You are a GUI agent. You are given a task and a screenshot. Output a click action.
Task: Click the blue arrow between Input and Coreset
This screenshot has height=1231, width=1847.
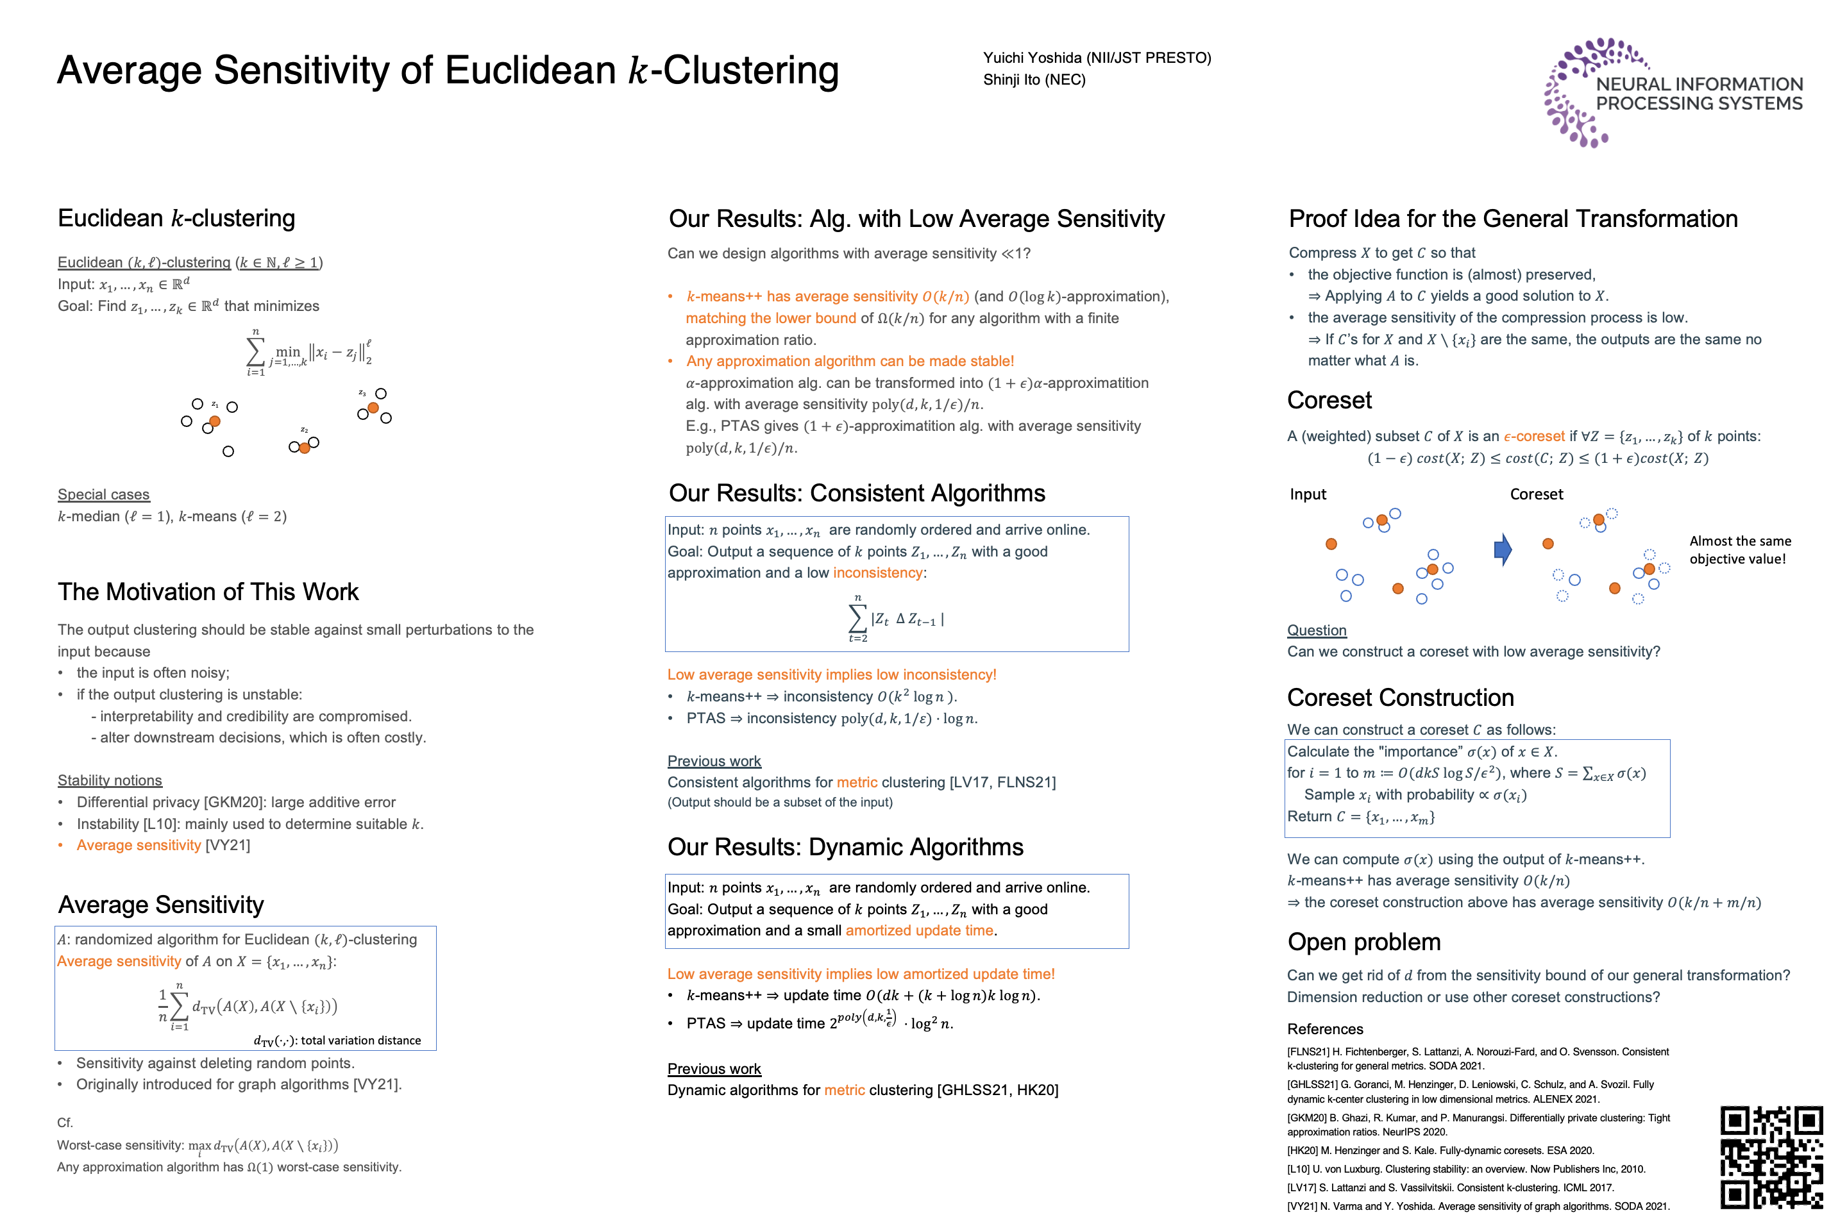click(1502, 549)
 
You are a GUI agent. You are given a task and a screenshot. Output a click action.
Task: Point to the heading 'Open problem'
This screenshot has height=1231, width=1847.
click(1363, 942)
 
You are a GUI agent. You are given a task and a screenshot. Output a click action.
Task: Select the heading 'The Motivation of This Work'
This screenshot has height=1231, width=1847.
click(208, 591)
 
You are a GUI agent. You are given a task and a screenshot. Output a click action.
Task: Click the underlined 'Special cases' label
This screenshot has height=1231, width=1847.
click(104, 494)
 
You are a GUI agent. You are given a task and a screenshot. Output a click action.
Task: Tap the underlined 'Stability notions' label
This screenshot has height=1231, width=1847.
click(110, 780)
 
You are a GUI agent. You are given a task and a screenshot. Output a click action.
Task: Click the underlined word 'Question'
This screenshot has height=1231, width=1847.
click(1316, 630)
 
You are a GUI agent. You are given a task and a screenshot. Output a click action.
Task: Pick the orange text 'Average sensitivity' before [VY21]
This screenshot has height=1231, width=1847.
click(139, 846)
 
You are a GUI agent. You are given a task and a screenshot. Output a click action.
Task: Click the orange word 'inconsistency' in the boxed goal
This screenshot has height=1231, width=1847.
click(877, 573)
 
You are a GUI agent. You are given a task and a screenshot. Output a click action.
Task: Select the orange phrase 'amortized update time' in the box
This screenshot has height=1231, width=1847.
click(919, 931)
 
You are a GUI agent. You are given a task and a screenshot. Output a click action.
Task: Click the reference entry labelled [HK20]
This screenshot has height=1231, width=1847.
click(1440, 1151)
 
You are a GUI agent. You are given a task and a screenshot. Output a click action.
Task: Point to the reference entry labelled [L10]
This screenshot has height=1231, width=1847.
click(1465, 1169)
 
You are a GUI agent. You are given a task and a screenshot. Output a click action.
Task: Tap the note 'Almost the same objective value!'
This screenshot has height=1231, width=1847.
click(1739, 549)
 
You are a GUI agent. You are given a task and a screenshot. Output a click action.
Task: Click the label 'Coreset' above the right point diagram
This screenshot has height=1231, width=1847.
click(1536, 494)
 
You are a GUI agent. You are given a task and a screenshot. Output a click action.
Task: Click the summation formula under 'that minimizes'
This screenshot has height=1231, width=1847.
click(308, 353)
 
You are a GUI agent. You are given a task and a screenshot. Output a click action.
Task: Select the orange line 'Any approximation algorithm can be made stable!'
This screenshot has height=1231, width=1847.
click(850, 361)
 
